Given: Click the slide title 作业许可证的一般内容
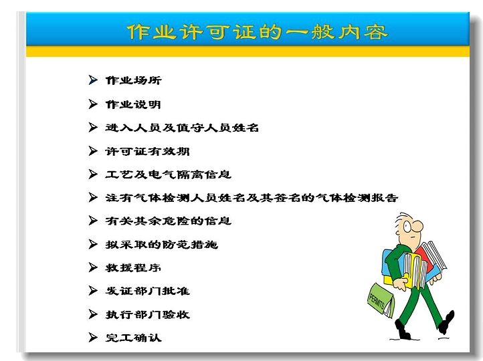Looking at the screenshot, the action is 257,31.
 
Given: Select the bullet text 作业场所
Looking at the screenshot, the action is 133,80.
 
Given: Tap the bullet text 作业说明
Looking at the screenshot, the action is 133,104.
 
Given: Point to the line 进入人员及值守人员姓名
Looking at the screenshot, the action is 182,128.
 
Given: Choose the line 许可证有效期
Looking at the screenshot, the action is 147,151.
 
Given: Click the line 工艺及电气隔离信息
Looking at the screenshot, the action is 168,174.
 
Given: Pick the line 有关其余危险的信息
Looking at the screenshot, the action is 168,221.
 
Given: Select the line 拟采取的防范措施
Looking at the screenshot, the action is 162,245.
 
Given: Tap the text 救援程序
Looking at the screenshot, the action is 133,267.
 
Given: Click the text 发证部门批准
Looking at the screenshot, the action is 148,291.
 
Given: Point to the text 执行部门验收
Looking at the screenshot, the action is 148,314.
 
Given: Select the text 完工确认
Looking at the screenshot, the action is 133,338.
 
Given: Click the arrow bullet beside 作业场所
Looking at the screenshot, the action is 93,80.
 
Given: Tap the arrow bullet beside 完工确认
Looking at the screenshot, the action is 93,338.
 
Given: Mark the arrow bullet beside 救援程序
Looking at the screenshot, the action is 93,267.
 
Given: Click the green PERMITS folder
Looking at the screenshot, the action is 381,300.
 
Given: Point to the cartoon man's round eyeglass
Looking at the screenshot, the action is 407,227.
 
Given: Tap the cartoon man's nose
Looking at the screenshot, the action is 418,227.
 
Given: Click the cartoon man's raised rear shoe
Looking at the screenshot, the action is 448,322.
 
